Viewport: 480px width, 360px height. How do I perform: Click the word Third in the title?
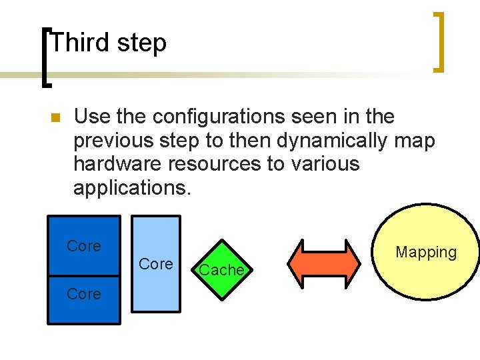tap(79, 43)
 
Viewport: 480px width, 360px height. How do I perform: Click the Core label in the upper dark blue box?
tap(84, 246)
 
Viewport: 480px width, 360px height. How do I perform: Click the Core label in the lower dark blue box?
tap(84, 294)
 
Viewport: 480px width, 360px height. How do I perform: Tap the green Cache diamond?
tap(221, 270)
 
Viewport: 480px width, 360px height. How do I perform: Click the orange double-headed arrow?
tap(327, 263)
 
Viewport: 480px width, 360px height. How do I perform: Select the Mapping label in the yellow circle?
tap(426, 253)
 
